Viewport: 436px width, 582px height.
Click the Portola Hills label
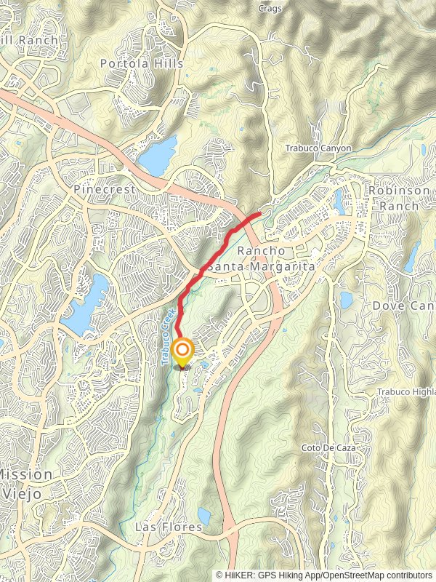(142, 63)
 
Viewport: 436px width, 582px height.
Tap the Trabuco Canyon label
(318, 148)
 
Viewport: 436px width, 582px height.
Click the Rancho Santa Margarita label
(262, 258)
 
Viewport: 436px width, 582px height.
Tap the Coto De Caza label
(329, 447)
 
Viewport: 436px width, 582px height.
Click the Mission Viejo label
(25, 482)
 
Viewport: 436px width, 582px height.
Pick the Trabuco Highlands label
(407, 392)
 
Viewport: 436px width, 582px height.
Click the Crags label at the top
(270, 9)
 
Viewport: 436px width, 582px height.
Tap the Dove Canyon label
(404, 306)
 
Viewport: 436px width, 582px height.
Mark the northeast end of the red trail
(259, 214)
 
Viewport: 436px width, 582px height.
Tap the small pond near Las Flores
(204, 517)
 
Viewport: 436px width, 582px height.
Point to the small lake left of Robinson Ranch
(340, 200)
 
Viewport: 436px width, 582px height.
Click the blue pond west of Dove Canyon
(346, 300)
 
